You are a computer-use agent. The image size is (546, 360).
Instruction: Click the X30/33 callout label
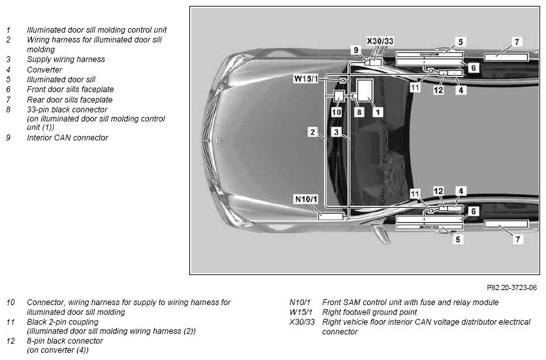click(x=380, y=41)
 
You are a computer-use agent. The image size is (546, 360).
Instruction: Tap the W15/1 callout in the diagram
click(x=306, y=79)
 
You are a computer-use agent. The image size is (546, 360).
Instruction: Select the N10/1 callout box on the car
click(x=306, y=199)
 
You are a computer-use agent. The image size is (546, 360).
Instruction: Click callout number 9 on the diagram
click(x=355, y=50)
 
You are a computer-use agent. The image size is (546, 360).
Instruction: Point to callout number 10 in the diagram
click(x=336, y=112)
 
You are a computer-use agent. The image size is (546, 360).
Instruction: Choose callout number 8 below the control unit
click(x=359, y=112)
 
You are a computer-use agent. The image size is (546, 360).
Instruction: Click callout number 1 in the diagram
click(x=377, y=112)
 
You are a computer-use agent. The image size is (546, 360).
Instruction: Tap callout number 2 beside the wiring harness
click(x=313, y=132)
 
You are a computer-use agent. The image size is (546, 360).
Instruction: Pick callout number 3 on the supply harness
click(x=336, y=132)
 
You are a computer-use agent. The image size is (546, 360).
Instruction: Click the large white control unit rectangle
click(x=365, y=90)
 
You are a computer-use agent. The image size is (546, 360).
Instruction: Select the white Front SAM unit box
click(x=330, y=216)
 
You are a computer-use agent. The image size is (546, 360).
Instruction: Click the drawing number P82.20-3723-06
click(x=511, y=287)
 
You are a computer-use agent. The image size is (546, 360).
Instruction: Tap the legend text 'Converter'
click(x=44, y=70)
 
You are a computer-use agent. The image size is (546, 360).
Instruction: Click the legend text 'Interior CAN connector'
click(x=67, y=138)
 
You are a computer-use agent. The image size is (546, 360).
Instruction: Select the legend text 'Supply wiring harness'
click(x=66, y=59)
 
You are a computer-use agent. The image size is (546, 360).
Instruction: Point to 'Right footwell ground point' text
click(x=370, y=312)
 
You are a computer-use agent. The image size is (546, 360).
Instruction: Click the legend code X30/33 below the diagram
click(x=302, y=322)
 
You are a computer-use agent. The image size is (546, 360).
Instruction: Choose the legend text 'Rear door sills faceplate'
click(x=70, y=100)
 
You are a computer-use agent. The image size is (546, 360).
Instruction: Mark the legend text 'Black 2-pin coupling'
click(x=63, y=321)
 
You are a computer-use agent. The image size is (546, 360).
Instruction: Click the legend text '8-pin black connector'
click(x=65, y=341)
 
